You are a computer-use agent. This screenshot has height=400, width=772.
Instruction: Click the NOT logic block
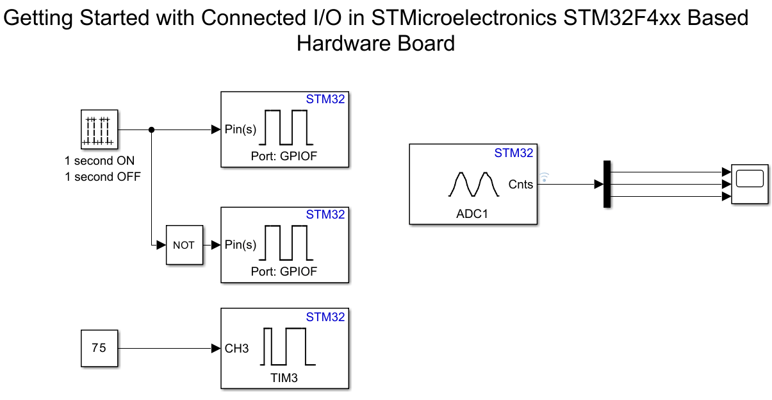[184, 245]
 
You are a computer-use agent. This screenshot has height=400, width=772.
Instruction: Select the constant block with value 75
[99, 348]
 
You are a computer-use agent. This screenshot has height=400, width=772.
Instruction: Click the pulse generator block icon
[99, 128]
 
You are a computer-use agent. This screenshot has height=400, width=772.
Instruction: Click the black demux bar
[607, 185]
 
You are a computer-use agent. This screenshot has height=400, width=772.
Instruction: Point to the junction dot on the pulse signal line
[151, 129]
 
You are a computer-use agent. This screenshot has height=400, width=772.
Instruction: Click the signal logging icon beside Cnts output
[545, 176]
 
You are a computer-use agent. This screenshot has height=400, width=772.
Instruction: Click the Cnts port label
[520, 185]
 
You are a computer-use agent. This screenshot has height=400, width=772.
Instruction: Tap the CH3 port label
[236, 348]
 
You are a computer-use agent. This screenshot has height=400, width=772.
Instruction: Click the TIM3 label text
[284, 378]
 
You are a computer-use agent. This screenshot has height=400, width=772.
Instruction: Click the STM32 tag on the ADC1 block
[513, 153]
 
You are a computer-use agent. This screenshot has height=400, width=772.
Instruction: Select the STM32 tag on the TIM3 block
[325, 317]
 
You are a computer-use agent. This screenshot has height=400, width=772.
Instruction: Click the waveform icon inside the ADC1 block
[473, 184]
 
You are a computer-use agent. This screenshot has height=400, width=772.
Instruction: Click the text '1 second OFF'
[103, 176]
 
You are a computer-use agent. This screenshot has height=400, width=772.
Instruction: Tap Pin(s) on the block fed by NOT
[240, 245]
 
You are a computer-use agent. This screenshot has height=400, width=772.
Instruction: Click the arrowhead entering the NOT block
[161, 245]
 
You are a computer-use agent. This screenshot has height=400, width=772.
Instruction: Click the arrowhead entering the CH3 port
[216, 348]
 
